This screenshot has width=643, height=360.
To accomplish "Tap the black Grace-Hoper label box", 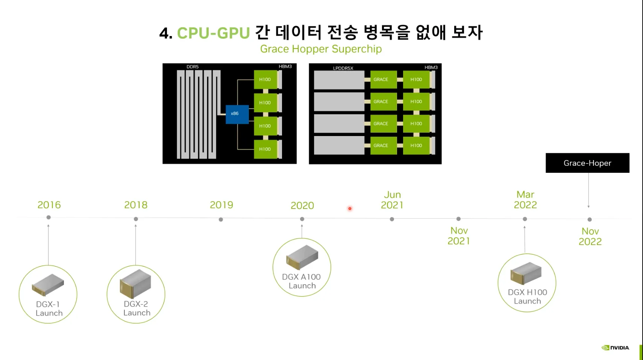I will pyautogui.click(x=587, y=163).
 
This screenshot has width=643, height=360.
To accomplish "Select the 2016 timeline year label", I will pyautogui.click(x=49, y=205).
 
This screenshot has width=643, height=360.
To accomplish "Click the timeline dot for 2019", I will pyautogui.click(x=221, y=219).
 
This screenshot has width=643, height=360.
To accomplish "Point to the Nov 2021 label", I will pyautogui.click(x=459, y=236).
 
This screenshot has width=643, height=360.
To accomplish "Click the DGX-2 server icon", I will pyautogui.click(x=135, y=284).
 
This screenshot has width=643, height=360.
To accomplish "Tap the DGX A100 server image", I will pyautogui.click(x=302, y=257).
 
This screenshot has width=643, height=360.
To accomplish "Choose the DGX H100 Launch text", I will pyautogui.click(x=527, y=296).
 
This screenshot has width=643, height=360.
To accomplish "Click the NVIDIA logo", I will pyautogui.click(x=615, y=348).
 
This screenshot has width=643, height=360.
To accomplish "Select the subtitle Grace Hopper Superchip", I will pyautogui.click(x=321, y=49).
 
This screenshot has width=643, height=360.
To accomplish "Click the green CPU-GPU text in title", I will pyautogui.click(x=213, y=33).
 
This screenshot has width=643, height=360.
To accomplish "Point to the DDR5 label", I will pyautogui.click(x=193, y=67).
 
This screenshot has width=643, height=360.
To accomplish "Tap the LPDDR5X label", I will pyautogui.click(x=343, y=68).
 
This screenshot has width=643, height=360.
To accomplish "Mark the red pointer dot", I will pyautogui.click(x=350, y=209).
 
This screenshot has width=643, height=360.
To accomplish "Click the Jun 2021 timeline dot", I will pyautogui.click(x=392, y=219).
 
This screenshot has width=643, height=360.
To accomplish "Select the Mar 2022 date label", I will pyautogui.click(x=525, y=200).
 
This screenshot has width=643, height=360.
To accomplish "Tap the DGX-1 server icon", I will pyautogui.click(x=48, y=284).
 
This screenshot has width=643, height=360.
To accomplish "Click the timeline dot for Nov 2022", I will pyautogui.click(x=590, y=219).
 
